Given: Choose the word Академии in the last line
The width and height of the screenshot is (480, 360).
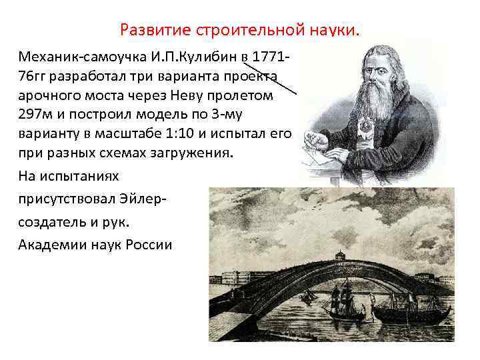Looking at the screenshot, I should [49, 245].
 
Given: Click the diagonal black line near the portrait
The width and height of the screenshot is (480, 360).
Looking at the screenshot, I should [270, 75].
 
